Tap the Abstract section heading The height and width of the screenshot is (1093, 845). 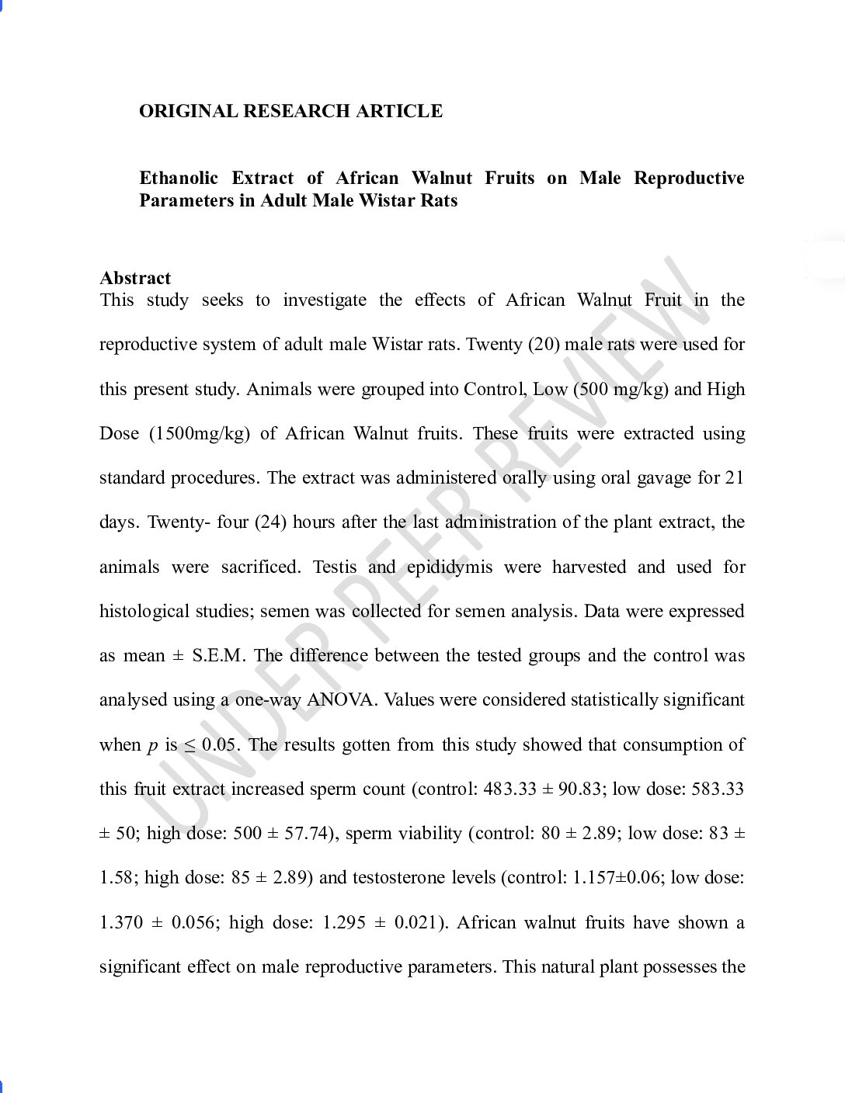tap(135, 278)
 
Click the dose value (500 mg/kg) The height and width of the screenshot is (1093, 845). tap(621, 389)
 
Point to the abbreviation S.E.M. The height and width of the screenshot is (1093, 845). tap(218, 655)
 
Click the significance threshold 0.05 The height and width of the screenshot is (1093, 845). tap(219, 744)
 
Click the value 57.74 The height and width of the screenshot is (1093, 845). tap(305, 834)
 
